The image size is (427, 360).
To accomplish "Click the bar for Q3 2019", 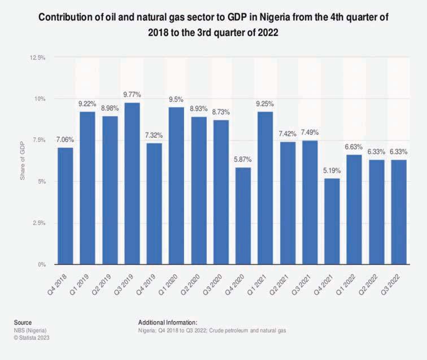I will coord(132,183).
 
